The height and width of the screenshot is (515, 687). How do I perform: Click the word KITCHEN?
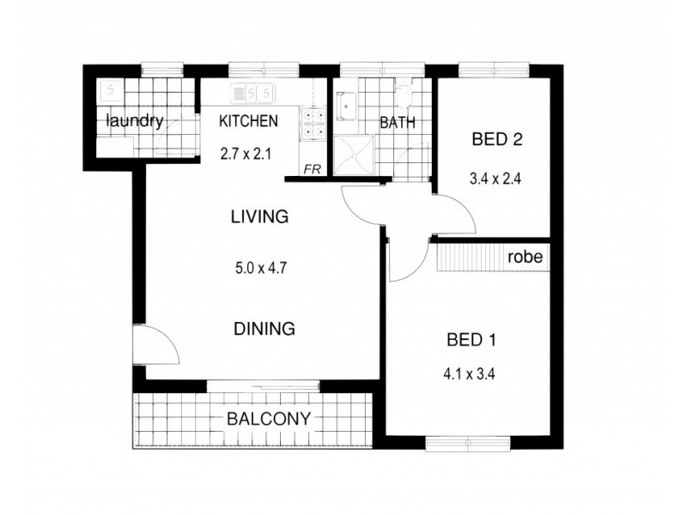(x=248, y=121)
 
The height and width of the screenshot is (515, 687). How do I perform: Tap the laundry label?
(x=134, y=121)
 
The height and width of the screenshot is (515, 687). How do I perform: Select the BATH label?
(x=397, y=122)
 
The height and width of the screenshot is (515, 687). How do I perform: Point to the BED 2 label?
(x=497, y=140)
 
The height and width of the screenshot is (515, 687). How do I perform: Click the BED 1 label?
(x=471, y=340)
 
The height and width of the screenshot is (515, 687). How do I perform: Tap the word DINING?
(x=264, y=328)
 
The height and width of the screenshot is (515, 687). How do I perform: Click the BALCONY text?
(x=269, y=420)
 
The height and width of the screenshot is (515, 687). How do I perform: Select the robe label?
(x=523, y=257)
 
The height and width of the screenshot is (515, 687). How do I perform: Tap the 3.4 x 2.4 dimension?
(x=496, y=180)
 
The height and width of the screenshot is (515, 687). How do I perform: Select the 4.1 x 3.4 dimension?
(x=471, y=373)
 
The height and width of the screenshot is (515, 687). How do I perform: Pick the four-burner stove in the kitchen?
(x=312, y=124)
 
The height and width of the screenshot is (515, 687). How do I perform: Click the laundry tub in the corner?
(x=110, y=89)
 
